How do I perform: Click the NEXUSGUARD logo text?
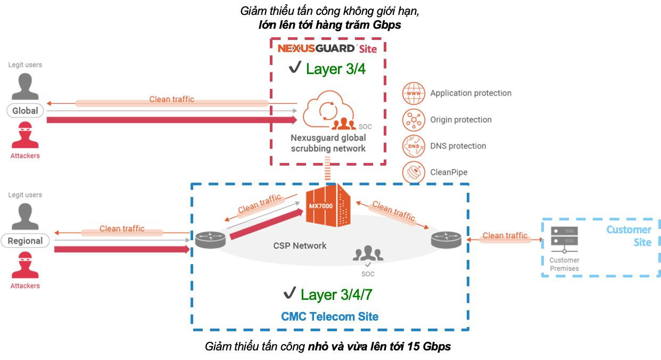[x=316, y=48]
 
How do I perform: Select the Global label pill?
[x=25, y=111]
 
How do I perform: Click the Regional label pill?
[x=25, y=241]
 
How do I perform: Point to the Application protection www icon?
[x=413, y=93]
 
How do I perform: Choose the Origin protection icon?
[x=413, y=119]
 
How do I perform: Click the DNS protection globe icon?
[x=413, y=145]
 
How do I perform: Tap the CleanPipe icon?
[x=413, y=172]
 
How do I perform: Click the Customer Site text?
[x=630, y=236]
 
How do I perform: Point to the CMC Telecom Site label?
[x=329, y=316]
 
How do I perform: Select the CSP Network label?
[x=300, y=246]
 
